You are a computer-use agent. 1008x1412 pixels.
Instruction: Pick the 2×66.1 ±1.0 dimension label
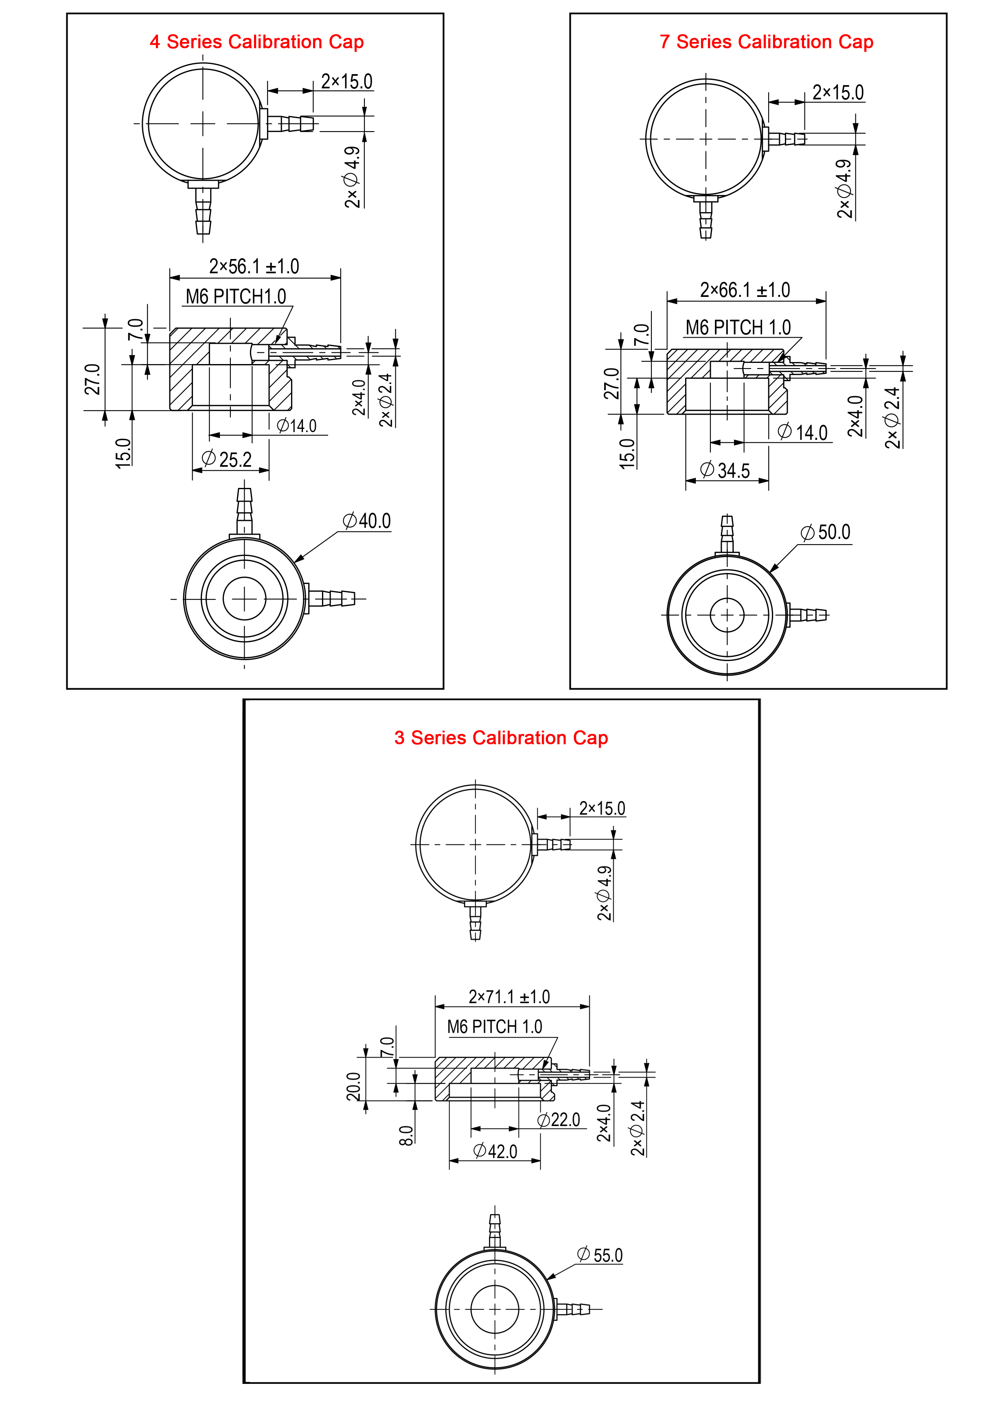click(745, 290)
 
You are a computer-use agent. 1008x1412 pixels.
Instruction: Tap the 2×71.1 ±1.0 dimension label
click(509, 997)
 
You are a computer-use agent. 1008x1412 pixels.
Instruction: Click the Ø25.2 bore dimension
click(227, 459)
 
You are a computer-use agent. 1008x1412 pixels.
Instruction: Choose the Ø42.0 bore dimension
click(495, 1151)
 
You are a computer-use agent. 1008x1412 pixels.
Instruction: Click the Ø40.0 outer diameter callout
click(367, 520)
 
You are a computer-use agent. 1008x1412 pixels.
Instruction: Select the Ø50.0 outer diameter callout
click(826, 532)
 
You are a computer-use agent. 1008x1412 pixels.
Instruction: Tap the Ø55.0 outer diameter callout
click(600, 1255)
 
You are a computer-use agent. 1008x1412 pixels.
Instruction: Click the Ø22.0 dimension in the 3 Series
click(559, 1120)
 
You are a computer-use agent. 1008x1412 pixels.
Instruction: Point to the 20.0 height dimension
click(353, 1086)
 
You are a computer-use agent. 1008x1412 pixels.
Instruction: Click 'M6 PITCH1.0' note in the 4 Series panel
click(236, 297)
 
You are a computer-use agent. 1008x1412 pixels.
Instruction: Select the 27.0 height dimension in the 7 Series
click(611, 383)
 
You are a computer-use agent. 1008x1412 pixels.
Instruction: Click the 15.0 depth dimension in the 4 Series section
click(123, 452)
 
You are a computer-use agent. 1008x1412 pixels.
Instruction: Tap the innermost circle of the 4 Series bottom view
click(245, 599)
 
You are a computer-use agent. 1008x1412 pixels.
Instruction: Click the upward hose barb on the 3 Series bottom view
click(495, 1230)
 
